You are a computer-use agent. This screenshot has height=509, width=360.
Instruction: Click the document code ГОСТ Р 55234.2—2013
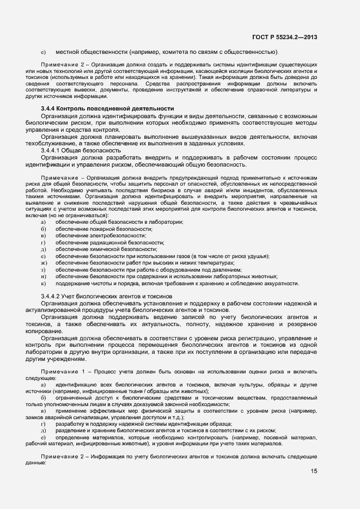tap(284, 38)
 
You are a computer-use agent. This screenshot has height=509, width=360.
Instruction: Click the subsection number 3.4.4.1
tap(52, 150)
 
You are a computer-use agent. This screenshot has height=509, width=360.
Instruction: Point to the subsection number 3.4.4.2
tap(52, 296)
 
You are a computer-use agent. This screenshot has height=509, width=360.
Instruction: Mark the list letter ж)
tap(44, 263)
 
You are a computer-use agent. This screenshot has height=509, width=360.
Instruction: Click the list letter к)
tap(43, 283)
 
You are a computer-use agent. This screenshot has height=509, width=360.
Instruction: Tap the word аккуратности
tap(280, 283)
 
